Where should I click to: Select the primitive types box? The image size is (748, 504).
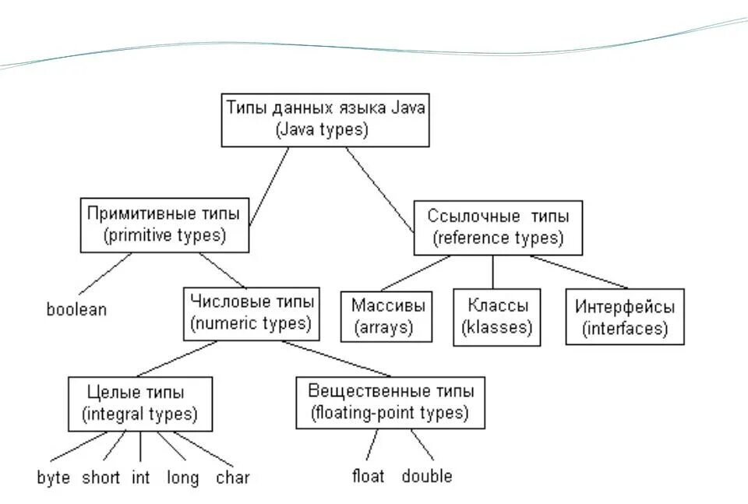coord(164,224)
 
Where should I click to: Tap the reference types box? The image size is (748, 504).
coord(497,227)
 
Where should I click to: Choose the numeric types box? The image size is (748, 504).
coord(251,312)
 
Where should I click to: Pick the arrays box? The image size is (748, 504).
coord(387,315)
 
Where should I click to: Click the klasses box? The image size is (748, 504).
coord(497,315)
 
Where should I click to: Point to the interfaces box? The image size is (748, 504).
coord(625,316)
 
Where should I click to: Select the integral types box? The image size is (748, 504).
coord(139,403)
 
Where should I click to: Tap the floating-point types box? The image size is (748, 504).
coord(390,401)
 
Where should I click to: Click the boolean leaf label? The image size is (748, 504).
coord(76,309)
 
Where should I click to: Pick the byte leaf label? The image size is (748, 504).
coord(54,478)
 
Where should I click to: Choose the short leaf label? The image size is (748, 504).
coord(101,478)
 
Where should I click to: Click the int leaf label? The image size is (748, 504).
coord(140,478)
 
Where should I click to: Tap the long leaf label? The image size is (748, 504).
coord(183,478)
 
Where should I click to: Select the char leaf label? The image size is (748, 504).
coord(233,478)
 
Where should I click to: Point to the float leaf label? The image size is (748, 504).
coord(368,475)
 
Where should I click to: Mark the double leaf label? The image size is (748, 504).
coord(427,475)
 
